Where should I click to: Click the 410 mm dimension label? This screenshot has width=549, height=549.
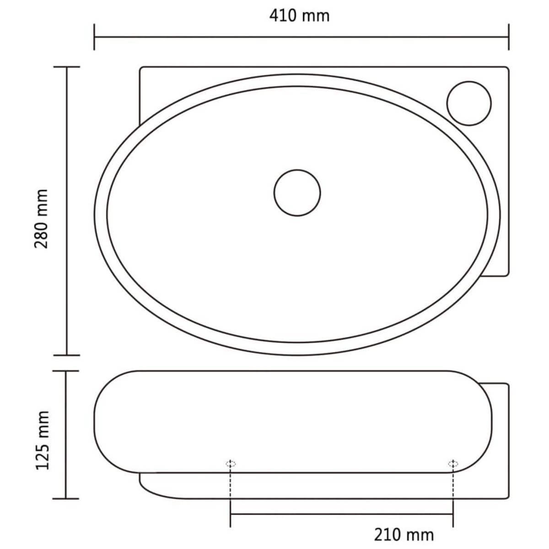pos(299,16)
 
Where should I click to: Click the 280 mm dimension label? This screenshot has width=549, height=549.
pos(42,218)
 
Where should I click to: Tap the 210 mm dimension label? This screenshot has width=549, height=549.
pos(403,534)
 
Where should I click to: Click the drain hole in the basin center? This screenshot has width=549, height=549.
pos(297,192)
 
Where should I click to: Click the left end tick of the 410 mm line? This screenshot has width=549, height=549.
pos(94,37)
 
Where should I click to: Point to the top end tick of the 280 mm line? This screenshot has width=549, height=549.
pos(67,67)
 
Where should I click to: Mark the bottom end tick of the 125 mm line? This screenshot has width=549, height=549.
pos(67,498)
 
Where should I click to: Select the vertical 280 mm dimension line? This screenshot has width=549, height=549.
pos(67,210)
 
